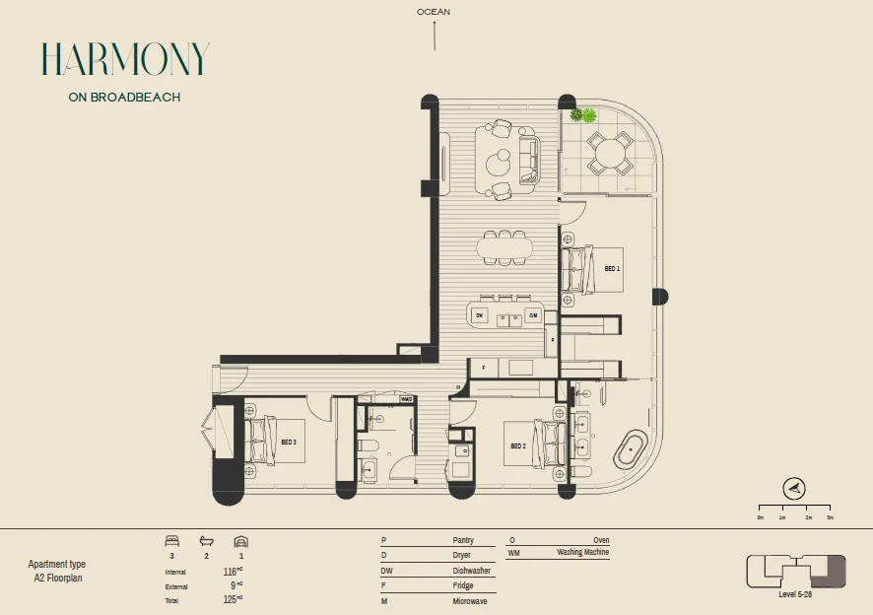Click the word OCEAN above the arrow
point(434,12)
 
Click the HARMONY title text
point(125,60)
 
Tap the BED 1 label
point(612,268)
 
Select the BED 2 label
point(518,445)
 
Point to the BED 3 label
point(289,443)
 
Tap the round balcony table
point(610,153)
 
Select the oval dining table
point(504,246)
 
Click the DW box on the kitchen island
point(480,315)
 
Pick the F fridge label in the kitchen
point(483,368)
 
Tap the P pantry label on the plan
point(554,339)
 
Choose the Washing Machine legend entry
point(581,553)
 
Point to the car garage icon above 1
point(240,541)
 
